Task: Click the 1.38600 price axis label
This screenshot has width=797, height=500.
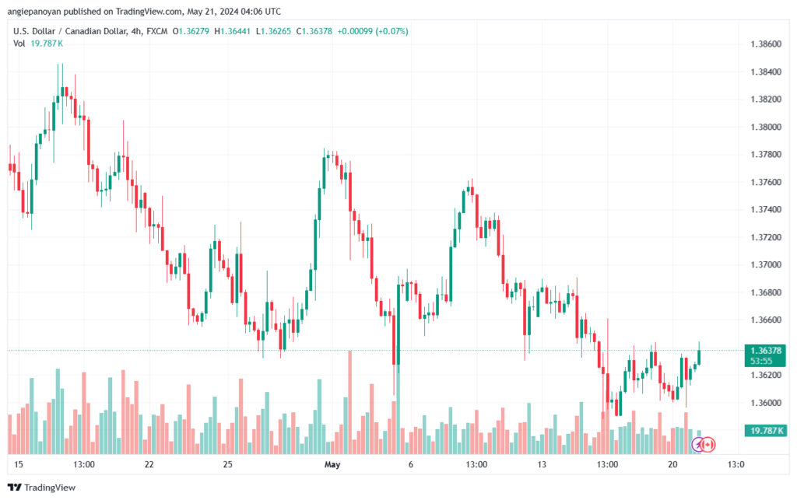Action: [x=766, y=44]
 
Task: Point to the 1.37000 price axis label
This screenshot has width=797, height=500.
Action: [x=766, y=265]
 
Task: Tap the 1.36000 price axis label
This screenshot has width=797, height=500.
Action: [x=766, y=403]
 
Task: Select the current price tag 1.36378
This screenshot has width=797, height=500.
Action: [x=766, y=351]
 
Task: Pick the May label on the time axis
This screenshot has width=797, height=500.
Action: [x=332, y=464]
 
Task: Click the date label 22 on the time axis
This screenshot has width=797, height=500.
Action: [x=149, y=464]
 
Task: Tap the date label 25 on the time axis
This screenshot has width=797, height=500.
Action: [x=228, y=464]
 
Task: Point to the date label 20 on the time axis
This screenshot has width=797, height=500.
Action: [x=672, y=464]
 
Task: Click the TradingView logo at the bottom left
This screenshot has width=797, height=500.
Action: [x=42, y=488]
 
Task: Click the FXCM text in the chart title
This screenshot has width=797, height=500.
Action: [x=157, y=31]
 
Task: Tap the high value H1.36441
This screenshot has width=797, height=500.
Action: [x=232, y=31]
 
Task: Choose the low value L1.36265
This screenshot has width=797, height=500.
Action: [x=273, y=31]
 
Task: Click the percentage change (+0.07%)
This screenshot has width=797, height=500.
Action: [x=392, y=31]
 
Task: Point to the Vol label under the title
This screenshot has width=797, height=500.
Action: [x=19, y=44]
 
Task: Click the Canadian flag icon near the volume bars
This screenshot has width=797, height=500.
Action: [x=707, y=445]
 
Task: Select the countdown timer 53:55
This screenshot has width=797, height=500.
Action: [x=761, y=362]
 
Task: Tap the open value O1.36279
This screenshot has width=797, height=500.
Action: [x=191, y=31]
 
